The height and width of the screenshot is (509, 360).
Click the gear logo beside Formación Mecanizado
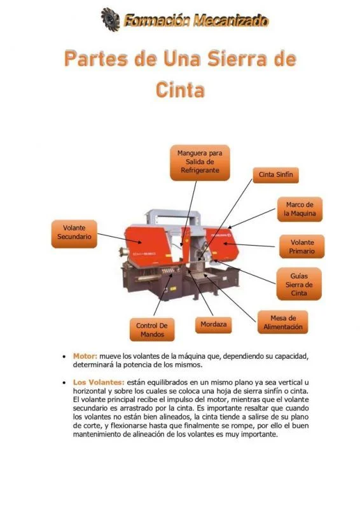tap(110, 18)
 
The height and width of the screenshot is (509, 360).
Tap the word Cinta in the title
tap(180, 89)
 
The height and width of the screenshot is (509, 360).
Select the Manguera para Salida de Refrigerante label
tap(200, 162)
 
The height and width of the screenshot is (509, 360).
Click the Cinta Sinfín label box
tap(275, 174)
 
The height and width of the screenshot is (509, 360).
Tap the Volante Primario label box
tap(301, 247)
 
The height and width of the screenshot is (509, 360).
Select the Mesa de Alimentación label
tap(283, 322)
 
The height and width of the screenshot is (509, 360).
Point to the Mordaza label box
tap(212, 324)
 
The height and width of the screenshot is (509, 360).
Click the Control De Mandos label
tap(153, 329)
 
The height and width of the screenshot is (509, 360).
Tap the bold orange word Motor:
tap(85, 356)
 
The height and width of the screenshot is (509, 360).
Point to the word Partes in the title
tap(90, 60)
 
